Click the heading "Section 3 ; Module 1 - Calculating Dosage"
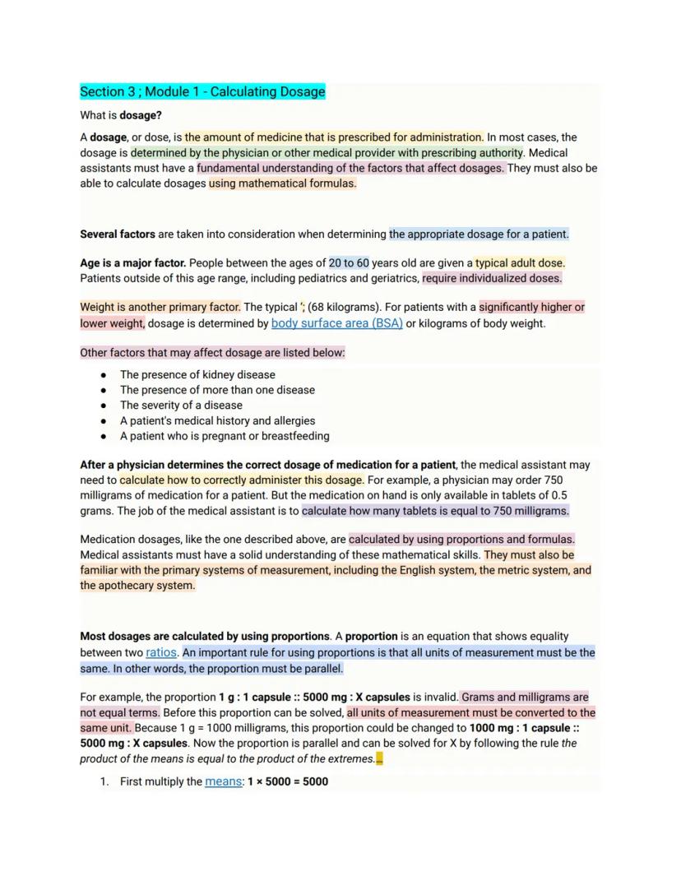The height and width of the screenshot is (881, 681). (x=202, y=91)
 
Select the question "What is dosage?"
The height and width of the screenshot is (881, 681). (x=121, y=115)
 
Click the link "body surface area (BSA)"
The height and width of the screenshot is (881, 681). (x=337, y=323)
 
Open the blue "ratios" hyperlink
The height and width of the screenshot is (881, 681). (x=161, y=652)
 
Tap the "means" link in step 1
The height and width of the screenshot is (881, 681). (x=223, y=781)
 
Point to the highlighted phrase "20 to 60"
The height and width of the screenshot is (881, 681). (x=349, y=263)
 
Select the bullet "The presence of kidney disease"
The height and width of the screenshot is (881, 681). (x=197, y=374)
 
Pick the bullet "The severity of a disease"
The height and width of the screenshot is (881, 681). (x=181, y=405)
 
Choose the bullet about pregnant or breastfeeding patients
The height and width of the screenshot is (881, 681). (x=225, y=436)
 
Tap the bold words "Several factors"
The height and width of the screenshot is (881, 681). (x=117, y=234)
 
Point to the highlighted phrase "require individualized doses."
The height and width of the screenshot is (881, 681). (x=492, y=278)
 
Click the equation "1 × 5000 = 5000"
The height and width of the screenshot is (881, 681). (x=288, y=781)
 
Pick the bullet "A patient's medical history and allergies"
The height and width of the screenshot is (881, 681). (x=217, y=420)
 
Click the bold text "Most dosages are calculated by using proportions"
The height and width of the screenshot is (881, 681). (x=205, y=637)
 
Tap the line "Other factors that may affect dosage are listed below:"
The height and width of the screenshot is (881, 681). (x=212, y=353)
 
